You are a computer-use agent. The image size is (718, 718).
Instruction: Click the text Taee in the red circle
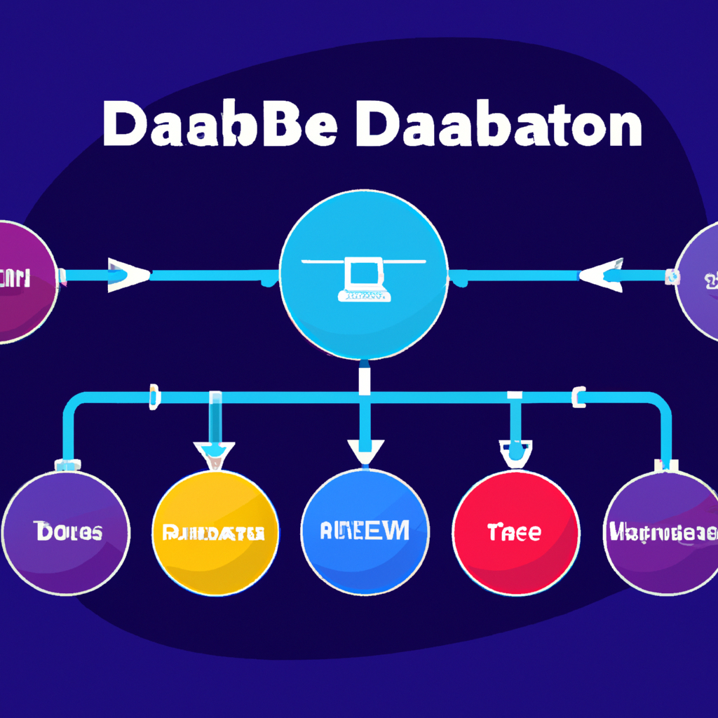(515, 532)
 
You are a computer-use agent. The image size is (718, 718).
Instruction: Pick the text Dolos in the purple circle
(67, 532)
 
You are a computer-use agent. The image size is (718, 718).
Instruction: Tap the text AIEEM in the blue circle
(365, 531)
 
